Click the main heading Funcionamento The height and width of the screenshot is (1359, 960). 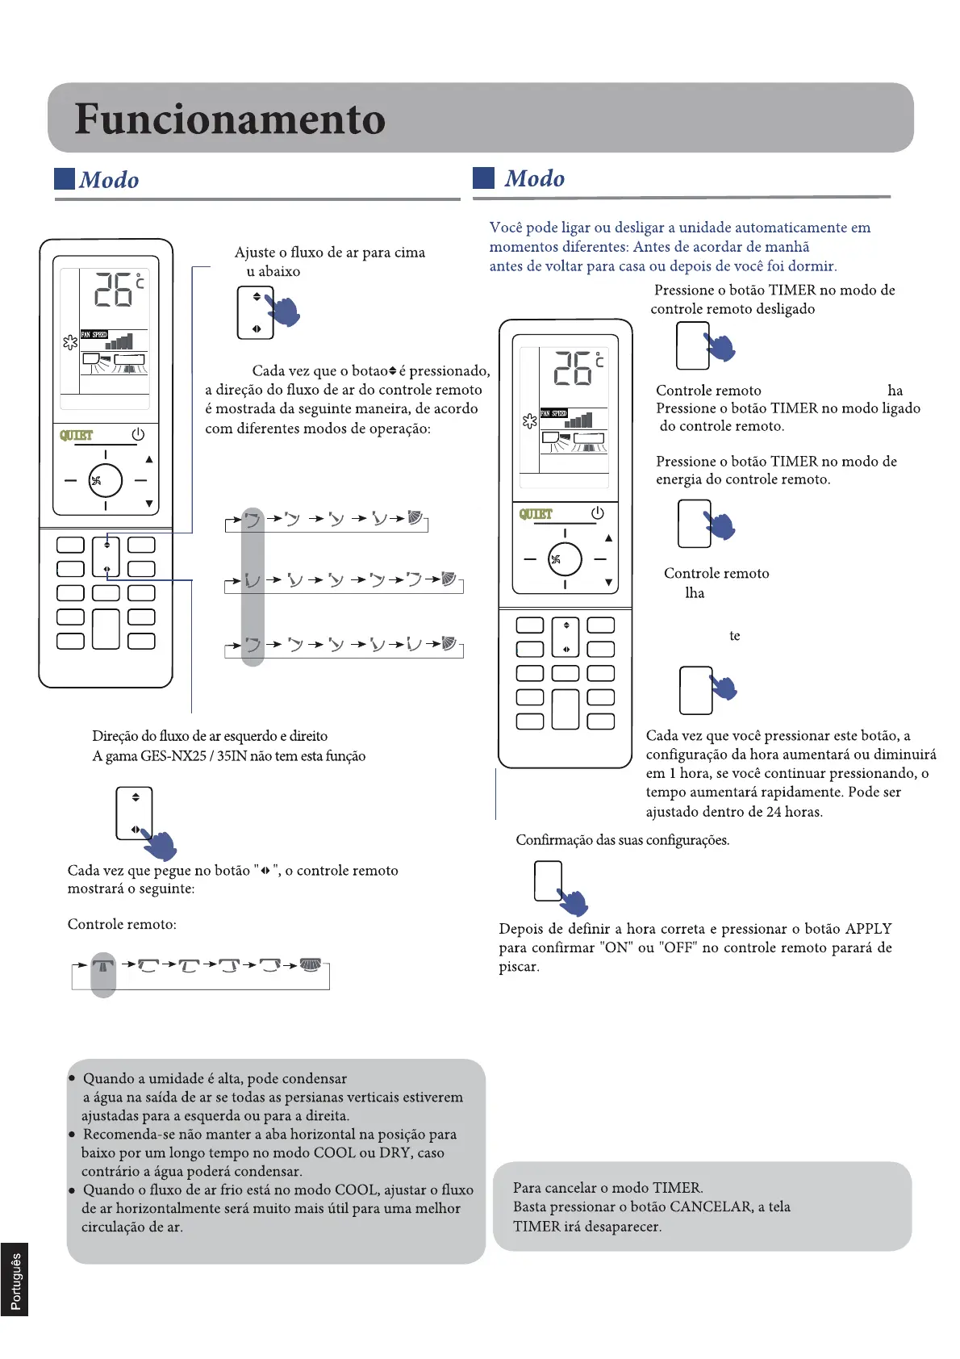230,119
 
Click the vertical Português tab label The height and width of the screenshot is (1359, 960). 15,1280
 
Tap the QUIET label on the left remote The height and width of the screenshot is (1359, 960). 77,435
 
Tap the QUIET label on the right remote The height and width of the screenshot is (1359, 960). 536,514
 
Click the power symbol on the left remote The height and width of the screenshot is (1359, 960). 138,434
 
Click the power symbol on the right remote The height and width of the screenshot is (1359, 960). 597,513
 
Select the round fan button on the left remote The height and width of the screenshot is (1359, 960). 105,481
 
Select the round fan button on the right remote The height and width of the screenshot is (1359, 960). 565,559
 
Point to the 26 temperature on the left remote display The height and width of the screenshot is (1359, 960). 114,289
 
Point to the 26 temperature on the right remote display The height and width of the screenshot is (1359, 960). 573,368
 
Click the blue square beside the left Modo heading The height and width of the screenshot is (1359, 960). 65,178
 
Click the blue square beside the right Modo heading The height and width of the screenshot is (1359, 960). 483,178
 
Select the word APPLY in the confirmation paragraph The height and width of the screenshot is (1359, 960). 868,928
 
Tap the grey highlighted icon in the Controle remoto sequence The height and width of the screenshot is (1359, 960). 102,966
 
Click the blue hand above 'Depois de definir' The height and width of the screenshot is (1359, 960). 574,901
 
